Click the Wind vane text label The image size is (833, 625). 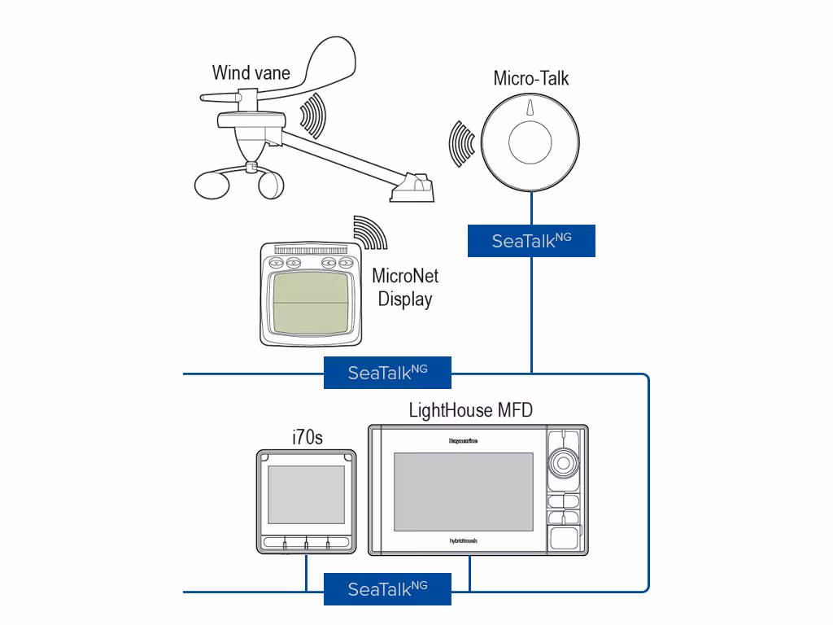point(251,72)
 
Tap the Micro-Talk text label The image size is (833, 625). point(530,78)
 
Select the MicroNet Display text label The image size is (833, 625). point(404,287)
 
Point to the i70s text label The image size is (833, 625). point(307,438)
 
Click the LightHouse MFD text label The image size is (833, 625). point(470,409)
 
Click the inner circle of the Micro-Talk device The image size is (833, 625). point(530,145)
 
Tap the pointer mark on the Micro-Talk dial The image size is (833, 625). point(530,108)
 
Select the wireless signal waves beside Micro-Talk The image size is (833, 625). point(463,143)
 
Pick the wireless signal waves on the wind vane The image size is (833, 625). point(312,116)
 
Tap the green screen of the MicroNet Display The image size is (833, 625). point(307,302)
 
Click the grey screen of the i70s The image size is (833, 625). point(306,495)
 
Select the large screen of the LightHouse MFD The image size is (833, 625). point(463,490)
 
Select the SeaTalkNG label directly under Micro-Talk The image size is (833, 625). point(531,241)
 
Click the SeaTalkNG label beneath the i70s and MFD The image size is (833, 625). point(387,589)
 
